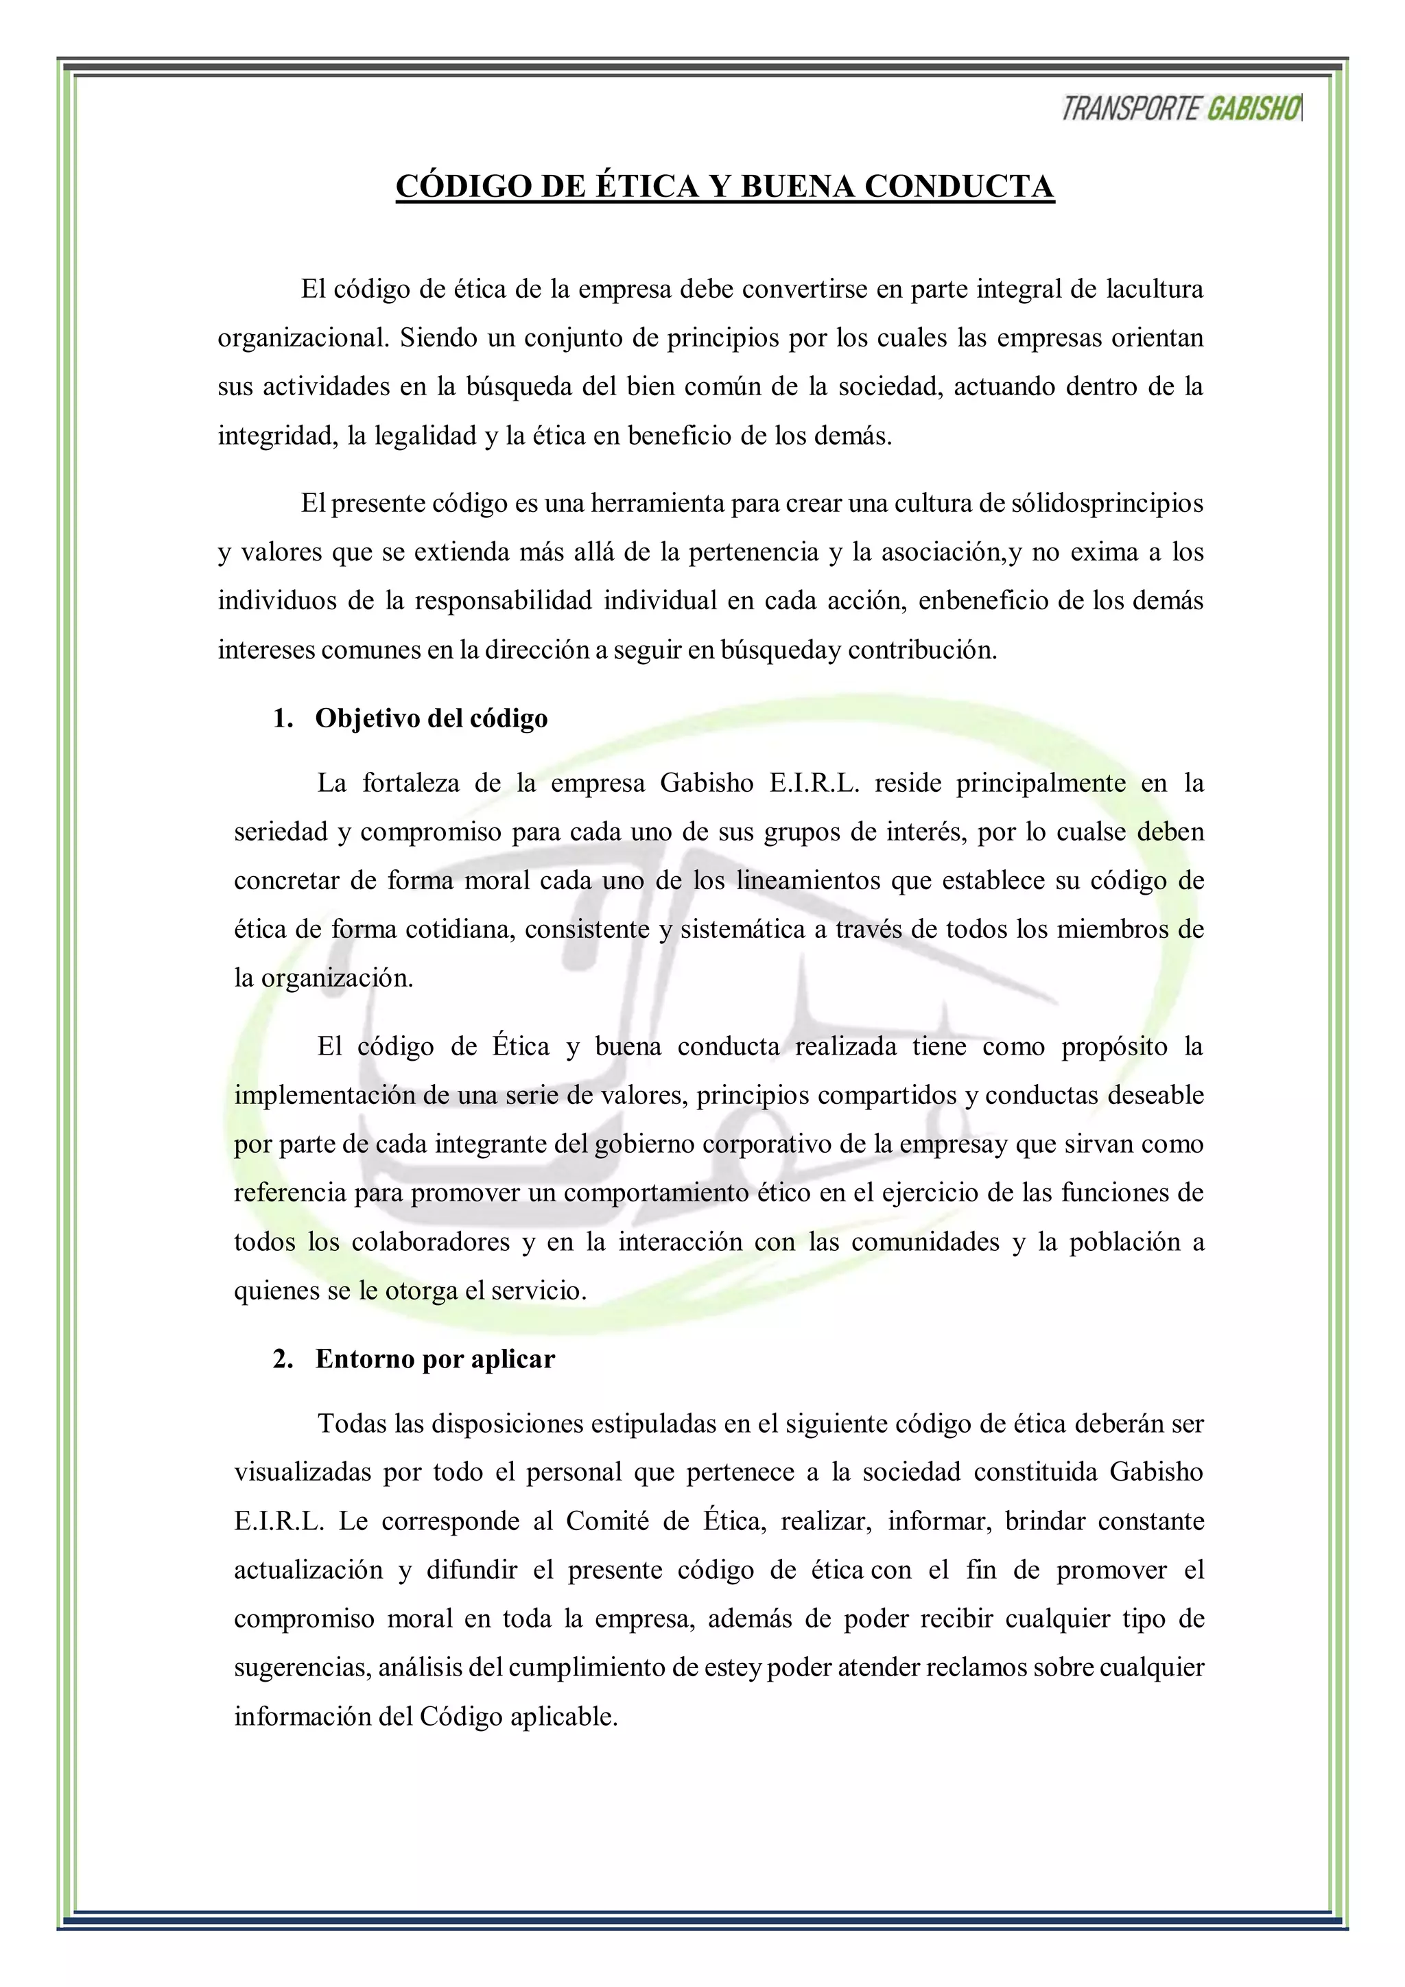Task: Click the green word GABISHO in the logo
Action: point(1253,109)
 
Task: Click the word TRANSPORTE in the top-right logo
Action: point(1131,109)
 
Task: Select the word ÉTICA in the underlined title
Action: point(646,187)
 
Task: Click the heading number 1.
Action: point(283,718)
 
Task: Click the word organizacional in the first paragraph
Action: point(303,338)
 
